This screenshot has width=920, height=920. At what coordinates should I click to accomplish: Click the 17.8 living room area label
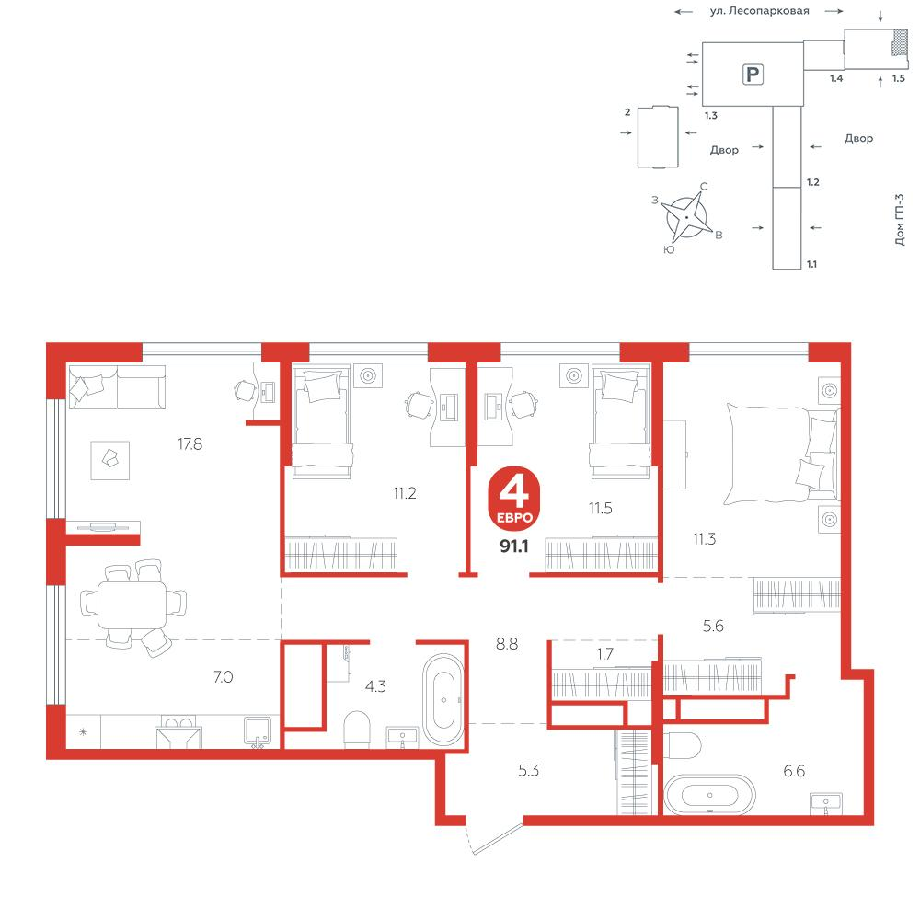[x=190, y=444]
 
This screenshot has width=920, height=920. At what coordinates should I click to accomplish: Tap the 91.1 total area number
[x=514, y=546]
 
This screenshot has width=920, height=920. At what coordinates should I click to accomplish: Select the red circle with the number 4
[x=514, y=498]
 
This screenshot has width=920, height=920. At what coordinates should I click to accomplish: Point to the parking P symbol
[x=753, y=75]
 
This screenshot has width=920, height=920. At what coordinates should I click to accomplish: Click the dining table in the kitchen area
[x=132, y=604]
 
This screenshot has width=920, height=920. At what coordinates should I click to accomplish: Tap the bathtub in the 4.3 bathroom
[x=443, y=699]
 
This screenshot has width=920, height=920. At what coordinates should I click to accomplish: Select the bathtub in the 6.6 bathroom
[x=709, y=795]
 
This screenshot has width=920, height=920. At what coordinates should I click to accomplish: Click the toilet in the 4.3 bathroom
[x=357, y=730]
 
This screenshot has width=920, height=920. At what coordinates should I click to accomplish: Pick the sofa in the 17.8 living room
[x=117, y=386]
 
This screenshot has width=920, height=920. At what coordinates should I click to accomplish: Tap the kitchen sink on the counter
[x=258, y=731]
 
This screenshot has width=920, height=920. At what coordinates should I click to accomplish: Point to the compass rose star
[x=686, y=218]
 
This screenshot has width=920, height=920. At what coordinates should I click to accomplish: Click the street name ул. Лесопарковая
[x=759, y=10]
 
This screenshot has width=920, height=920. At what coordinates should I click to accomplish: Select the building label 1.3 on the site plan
[x=711, y=116]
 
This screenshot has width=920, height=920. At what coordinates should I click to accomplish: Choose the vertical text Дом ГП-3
[x=900, y=220]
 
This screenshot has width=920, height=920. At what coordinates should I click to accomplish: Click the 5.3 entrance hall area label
[x=529, y=770]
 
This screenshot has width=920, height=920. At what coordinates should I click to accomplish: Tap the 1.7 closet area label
[x=604, y=653]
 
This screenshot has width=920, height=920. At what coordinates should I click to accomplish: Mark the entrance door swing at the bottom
[x=495, y=839]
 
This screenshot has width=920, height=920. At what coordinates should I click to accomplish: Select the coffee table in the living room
[x=109, y=460]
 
